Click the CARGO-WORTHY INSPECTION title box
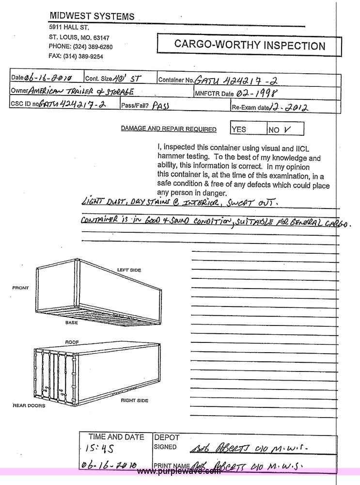[250, 46]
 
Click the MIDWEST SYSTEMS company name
[92, 16]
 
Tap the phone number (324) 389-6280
[93, 47]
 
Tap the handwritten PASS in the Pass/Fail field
[161, 104]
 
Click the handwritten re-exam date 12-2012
[291, 107]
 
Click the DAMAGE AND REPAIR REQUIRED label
[169, 129]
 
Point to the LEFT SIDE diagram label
[128, 269]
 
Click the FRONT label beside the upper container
[20, 288]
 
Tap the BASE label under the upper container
[72, 322]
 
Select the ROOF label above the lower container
[72, 342]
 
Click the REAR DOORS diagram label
[29, 405]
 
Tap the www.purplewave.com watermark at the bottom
[179, 471]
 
